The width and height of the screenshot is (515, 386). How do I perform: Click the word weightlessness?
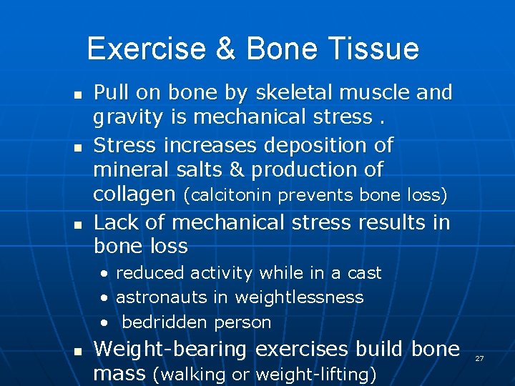click(299, 297)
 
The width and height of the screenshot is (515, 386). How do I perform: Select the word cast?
click(364, 273)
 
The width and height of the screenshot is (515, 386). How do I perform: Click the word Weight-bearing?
click(170, 350)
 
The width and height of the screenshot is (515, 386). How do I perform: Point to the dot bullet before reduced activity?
click(105, 274)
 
